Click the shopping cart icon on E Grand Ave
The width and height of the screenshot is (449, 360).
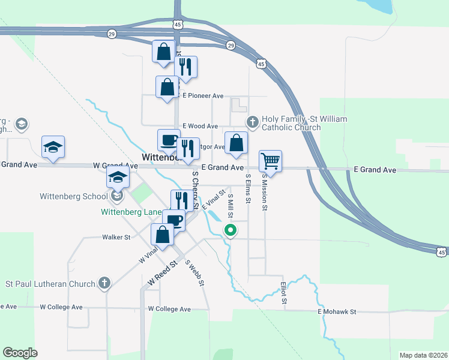tap(271, 161)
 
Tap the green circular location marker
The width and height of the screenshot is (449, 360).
tap(229, 230)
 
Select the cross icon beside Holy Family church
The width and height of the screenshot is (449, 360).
tap(253, 122)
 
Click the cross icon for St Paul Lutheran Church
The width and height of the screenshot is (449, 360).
tap(104, 283)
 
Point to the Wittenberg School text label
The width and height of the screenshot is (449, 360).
tap(74, 196)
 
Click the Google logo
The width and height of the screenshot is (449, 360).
tap(20, 352)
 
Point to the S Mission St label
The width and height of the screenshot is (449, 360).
tap(265, 191)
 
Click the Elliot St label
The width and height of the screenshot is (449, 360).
tap(284, 292)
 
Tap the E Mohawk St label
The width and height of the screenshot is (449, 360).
tap(337, 312)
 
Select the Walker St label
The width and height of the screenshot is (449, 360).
tap(116, 238)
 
